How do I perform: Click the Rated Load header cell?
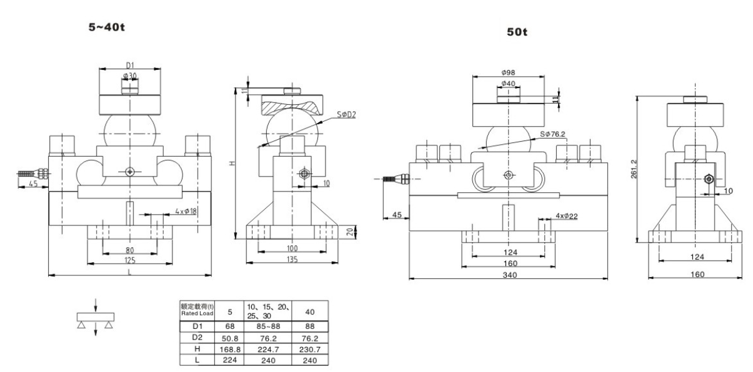pyautogui.click(x=197, y=310)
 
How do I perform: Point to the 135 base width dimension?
pyautogui.click(x=292, y=260)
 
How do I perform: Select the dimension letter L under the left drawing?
pyautogui.click(x=129, y=272)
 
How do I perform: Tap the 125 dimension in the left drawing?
pyautogui.click(x=129, y=260)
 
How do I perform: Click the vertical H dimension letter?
pyautogui.click(x=231, y=163)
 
